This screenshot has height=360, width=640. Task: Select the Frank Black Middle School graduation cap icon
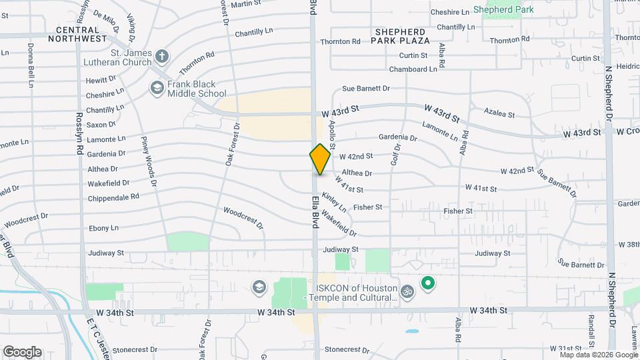[157, 87]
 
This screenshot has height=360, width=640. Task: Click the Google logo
[22, 351]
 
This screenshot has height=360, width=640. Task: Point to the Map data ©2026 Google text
[598, 355]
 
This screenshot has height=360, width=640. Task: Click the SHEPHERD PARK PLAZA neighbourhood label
[401, 36]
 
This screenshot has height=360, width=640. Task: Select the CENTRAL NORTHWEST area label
[81, 35]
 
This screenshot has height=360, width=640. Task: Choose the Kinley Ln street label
[334, 201]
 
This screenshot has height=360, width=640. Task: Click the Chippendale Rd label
[113, 197]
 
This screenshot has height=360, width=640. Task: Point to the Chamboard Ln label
[413, 69]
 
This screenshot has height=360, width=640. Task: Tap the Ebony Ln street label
[103, 228]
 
